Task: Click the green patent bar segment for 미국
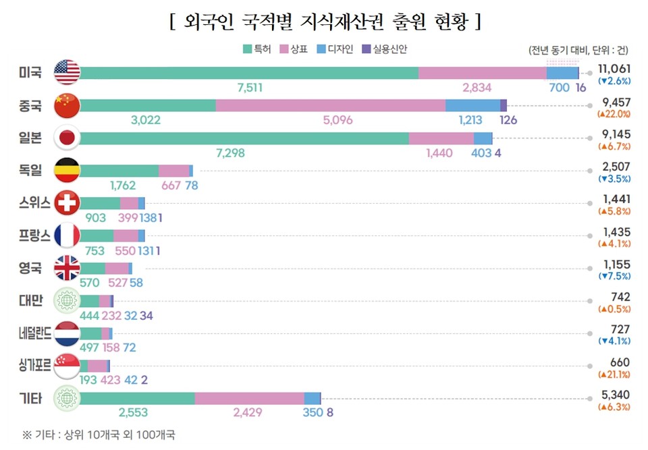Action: [x=248, y=73]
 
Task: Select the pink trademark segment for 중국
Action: [x=331, y=105]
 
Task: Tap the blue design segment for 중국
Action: [x=473, y=105]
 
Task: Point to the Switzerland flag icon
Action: [x=67, y=203]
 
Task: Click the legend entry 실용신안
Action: [x=385, y=49]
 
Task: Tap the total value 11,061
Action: [x=614, y=69]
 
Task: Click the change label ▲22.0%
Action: [x=614, y=114]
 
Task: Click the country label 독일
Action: [x=30, y=171]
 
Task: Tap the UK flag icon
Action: [x=67, y=268]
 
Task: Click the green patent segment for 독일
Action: [x=119, y=171]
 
